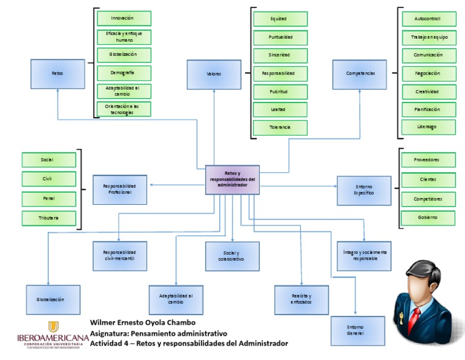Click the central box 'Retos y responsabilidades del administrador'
click(x=232, y=179)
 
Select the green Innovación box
click(x=124, y=18)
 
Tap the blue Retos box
click(x=58, y=74)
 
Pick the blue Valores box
click(x=213, y=74)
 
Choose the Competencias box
click(x=360, y=74)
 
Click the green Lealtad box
click(x=280, y=110)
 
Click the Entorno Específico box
click(x=364, y=190)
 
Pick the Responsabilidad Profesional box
click(x=120, y=189)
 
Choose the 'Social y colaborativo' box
click(x=232, y=256)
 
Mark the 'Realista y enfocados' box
click(x=301, y=299)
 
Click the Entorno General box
click(x=357, y=330)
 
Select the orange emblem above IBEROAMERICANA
click(x=53, y=327)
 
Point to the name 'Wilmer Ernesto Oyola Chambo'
click(x=143, y=322)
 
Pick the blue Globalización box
click(x=53, y=299)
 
